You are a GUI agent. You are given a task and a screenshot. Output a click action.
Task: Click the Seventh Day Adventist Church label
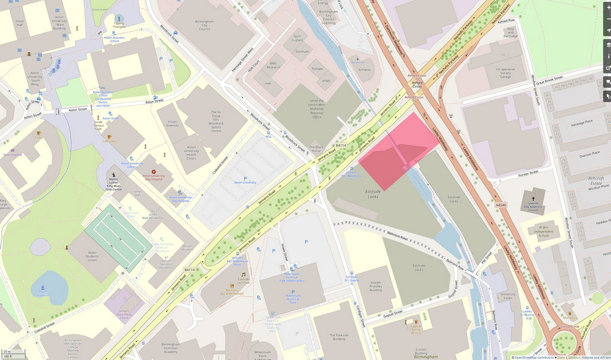click(532, 206)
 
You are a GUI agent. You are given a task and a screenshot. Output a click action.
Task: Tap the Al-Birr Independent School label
click(542, 230)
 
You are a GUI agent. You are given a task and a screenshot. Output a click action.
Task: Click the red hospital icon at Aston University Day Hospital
click(153, 171)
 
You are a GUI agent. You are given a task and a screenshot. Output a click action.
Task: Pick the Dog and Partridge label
click(510, 33)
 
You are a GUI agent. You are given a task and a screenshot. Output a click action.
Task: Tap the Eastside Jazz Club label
click(243, 282)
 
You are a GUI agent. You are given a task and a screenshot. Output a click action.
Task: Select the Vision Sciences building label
click(172, 122)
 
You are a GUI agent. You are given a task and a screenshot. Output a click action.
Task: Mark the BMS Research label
click(273, 66)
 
